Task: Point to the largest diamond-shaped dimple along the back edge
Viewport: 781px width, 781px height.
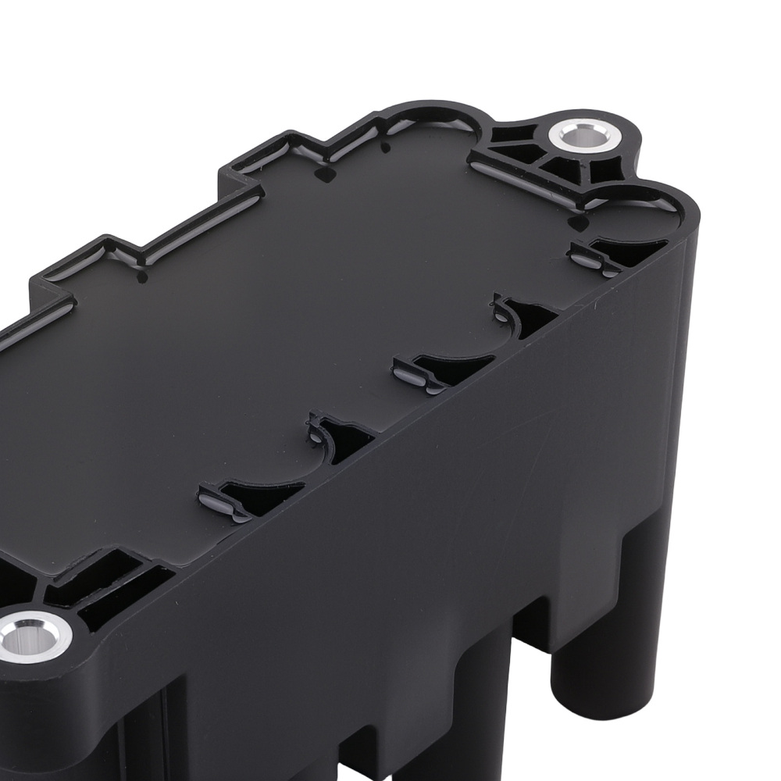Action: (x=321, y=173)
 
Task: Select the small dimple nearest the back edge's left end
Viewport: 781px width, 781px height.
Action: (x=142, y=276)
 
